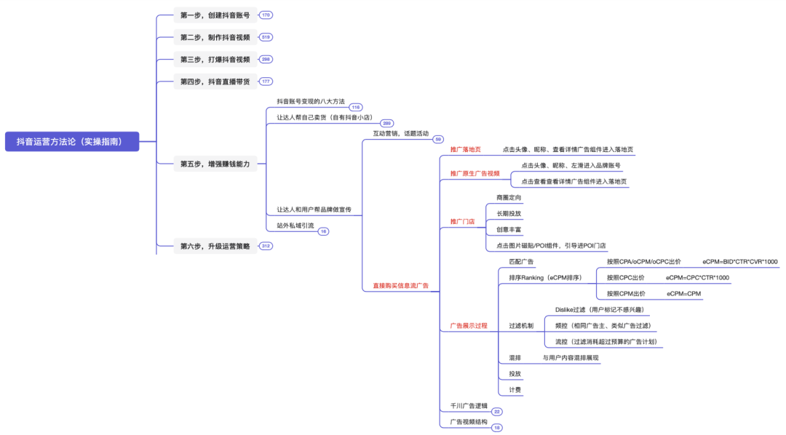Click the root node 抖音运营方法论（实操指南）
click(71, 141)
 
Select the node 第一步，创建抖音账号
click(215, 15)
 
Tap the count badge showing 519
click(266, 37)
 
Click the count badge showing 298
click(266, 59)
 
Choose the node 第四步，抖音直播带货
click(215, 81)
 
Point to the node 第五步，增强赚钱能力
click(215, 164)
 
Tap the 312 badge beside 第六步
click(266, 246)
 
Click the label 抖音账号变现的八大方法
click(310, 101)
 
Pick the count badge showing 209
click(386, 123)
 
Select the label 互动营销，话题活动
click(400, 133)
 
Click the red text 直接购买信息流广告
click(400, 286)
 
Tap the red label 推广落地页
click(465, 150)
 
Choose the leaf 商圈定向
click(509, 197)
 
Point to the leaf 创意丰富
click(509, 229)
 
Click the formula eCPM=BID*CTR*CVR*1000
click(739, 261)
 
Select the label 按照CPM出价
click(626, 293)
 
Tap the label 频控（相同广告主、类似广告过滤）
click(603, 325)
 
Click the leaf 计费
click(515, 390)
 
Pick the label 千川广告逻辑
click(469, 406)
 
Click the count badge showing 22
click(497, 412)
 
